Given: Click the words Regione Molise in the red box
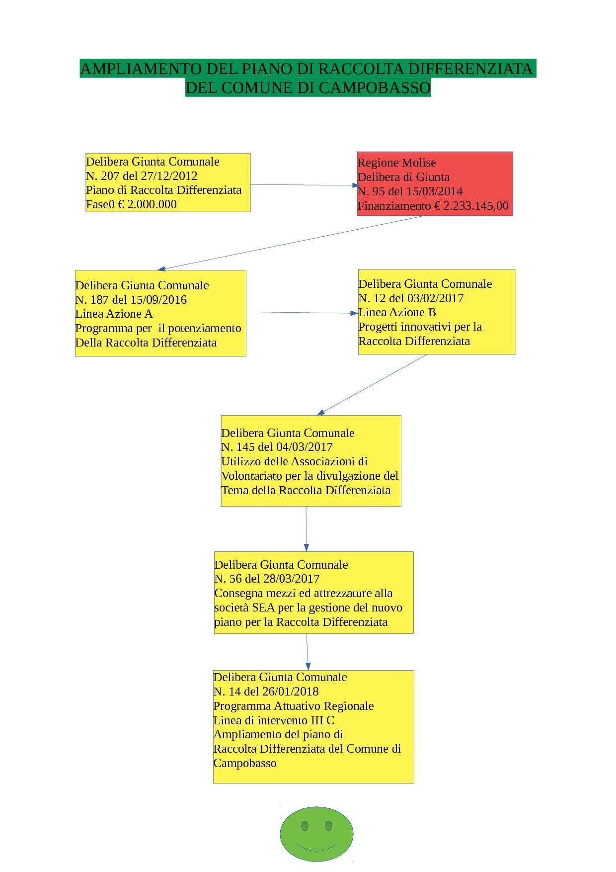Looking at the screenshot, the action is pyautogui.click(x=396, y=163).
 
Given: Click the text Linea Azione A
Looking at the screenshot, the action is pyautogui.click(x=114, y=314).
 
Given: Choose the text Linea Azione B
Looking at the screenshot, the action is pyautogui.click(x=397, y=312).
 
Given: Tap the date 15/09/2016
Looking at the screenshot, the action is pyautogui.click(x=158, y=300).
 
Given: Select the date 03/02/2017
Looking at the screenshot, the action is pyautogui.click(x=435, y=298).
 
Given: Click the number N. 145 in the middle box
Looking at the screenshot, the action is pyautogui.click(x=237, y=447).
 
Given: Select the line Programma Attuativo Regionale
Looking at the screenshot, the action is pyautogui.click(x=294, y=706).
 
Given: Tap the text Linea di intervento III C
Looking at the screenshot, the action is pyautogui.click(x=274, y=720).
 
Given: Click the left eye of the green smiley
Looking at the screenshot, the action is pyautogui.click(x=305, y=826).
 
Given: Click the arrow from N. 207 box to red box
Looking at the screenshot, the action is pyautogui.click(x=304, y=185).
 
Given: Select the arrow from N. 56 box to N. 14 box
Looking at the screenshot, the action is pyautogui.click(x=308, y=652).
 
